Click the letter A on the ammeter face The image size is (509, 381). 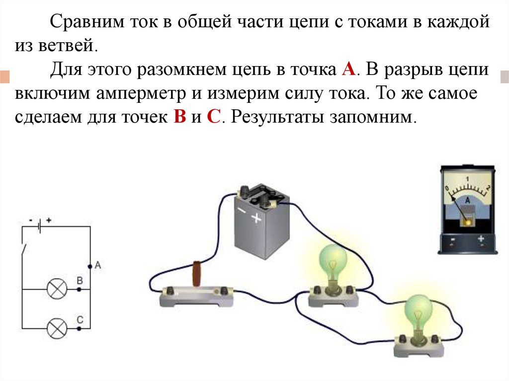pos(467,199)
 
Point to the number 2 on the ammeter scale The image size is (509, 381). pos(489,188)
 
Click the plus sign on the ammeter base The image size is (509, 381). pos(481,239)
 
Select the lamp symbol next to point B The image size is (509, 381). pos(57,289)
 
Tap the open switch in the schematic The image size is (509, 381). pos(24,249)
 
